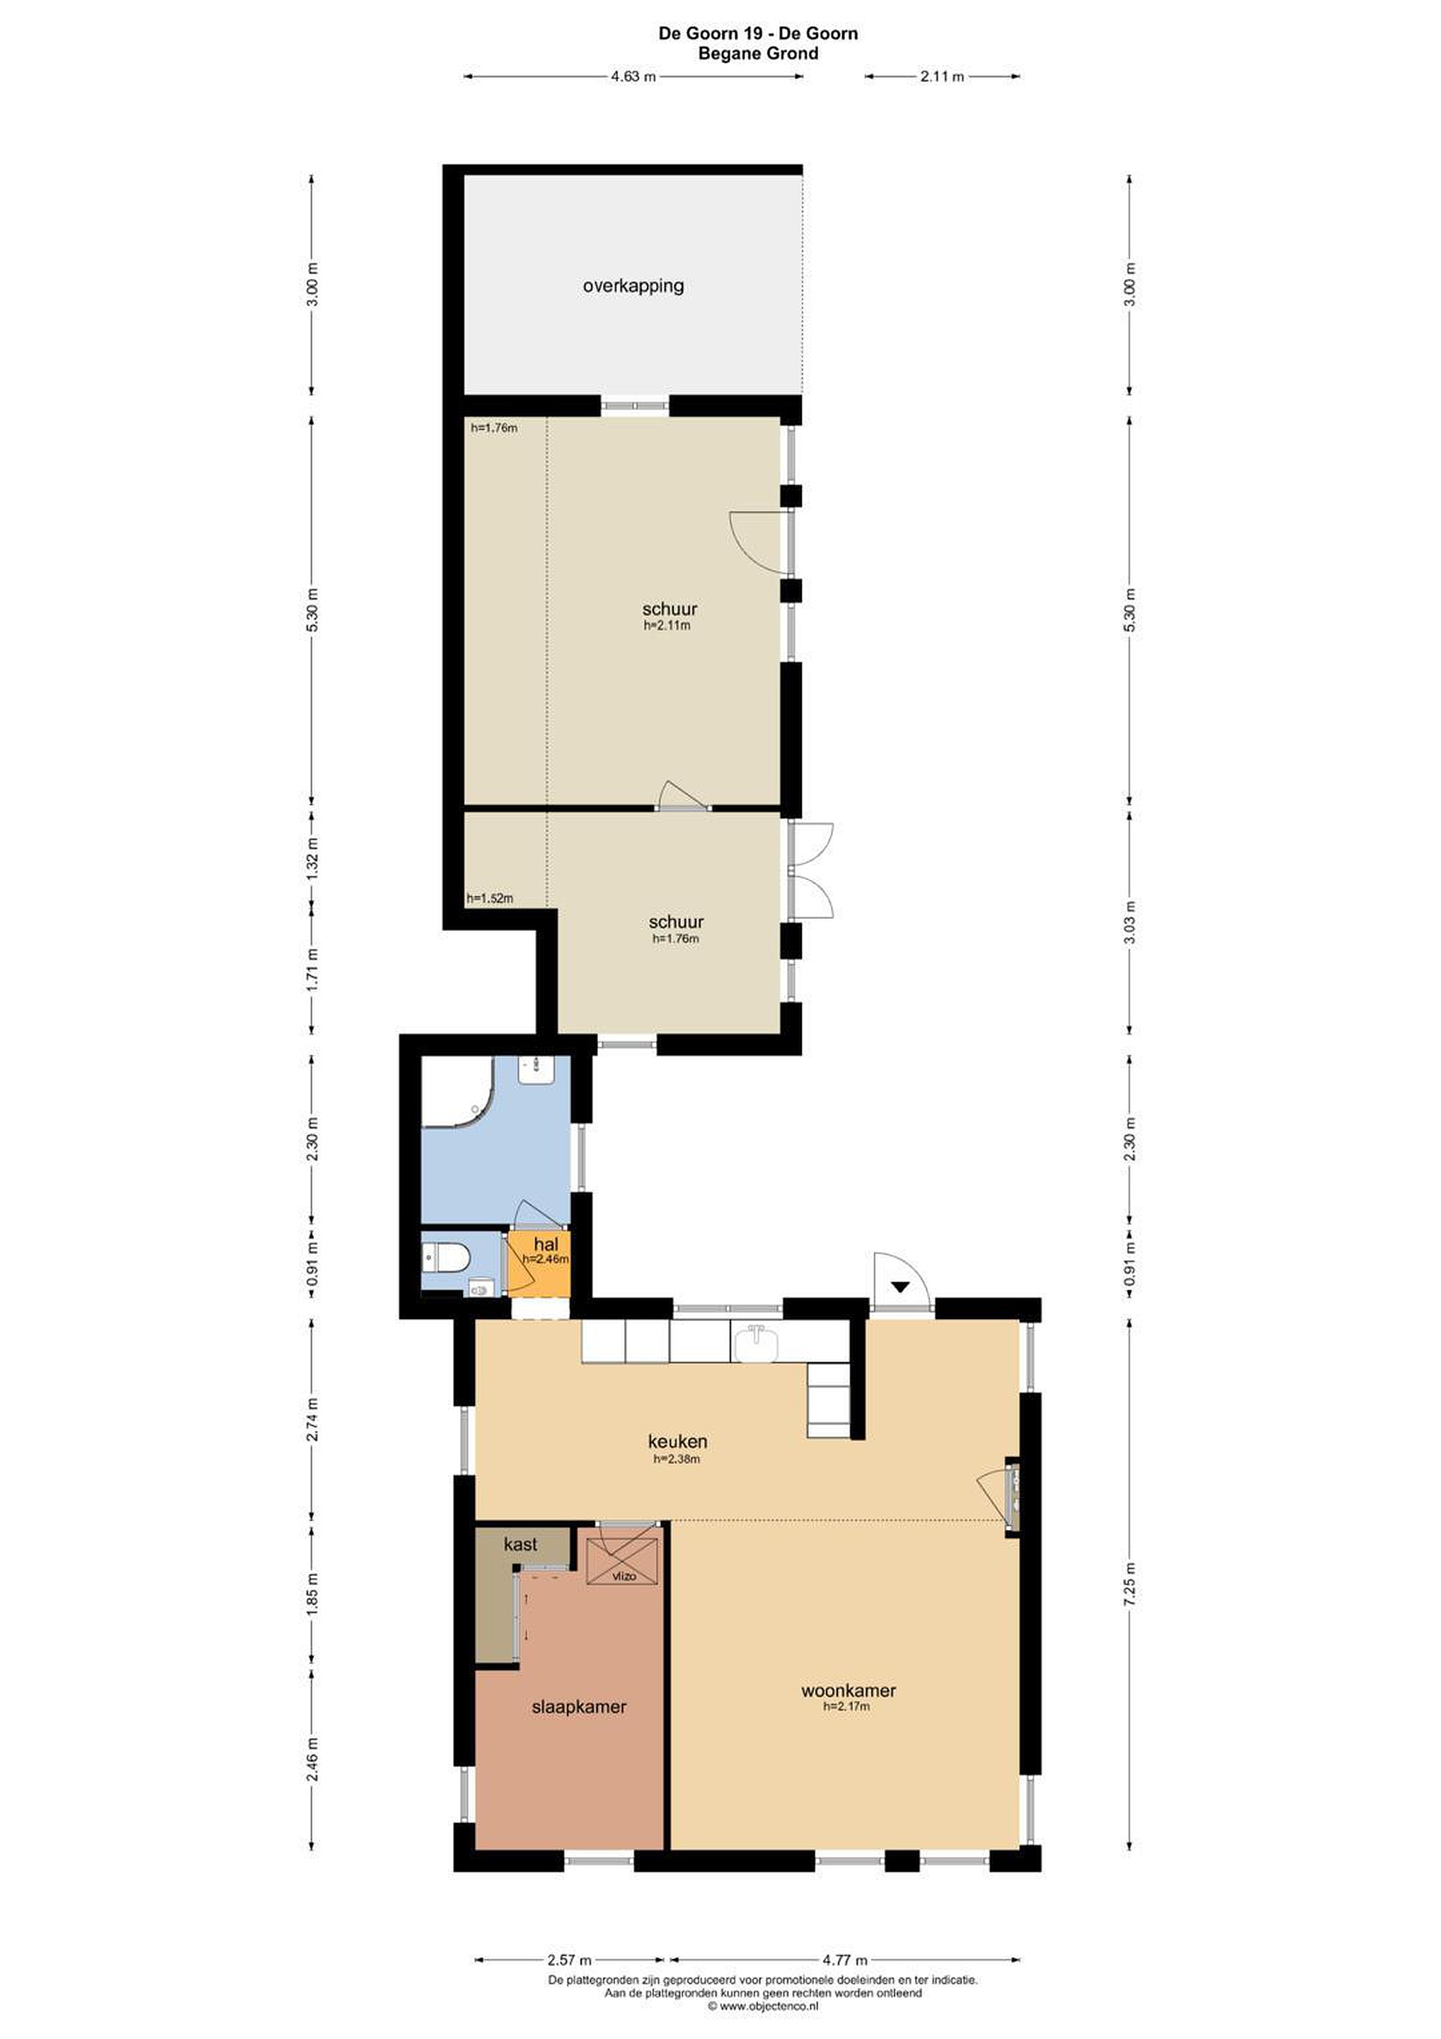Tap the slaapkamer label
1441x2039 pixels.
[x=579, y=1707]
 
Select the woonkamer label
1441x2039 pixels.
[x=848, y=1691]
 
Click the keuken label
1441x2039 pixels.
[x=677, y=1441]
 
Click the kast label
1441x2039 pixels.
[x=520, y=1544]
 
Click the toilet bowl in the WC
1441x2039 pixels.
[x=447, y=1257]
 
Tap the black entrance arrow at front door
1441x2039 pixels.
[x=900, y=1286]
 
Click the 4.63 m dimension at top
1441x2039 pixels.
[x=633, y=76]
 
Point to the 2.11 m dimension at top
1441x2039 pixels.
[x=942, y=76]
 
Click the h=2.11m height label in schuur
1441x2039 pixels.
[x=667, y=625]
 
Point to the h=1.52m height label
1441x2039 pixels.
[x=490, y=898]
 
